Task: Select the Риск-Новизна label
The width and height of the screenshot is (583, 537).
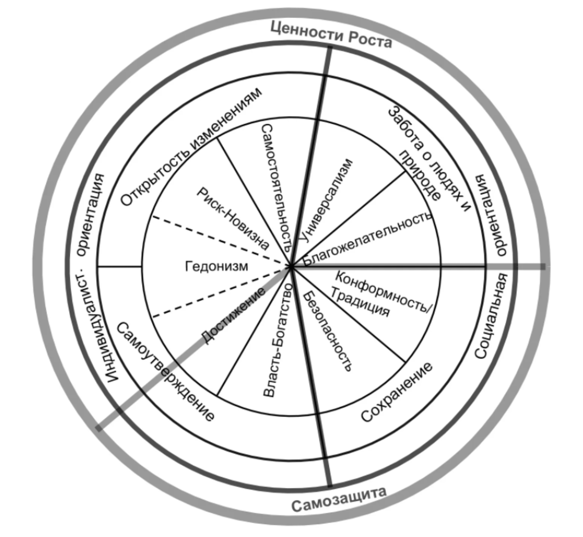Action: point(233,218)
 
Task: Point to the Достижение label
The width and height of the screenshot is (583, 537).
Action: point(233,316)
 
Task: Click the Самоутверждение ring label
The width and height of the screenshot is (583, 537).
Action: point(165,371)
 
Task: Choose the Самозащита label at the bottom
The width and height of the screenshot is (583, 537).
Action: point(339,500)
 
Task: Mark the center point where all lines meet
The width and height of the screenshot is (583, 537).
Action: point(291,267)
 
